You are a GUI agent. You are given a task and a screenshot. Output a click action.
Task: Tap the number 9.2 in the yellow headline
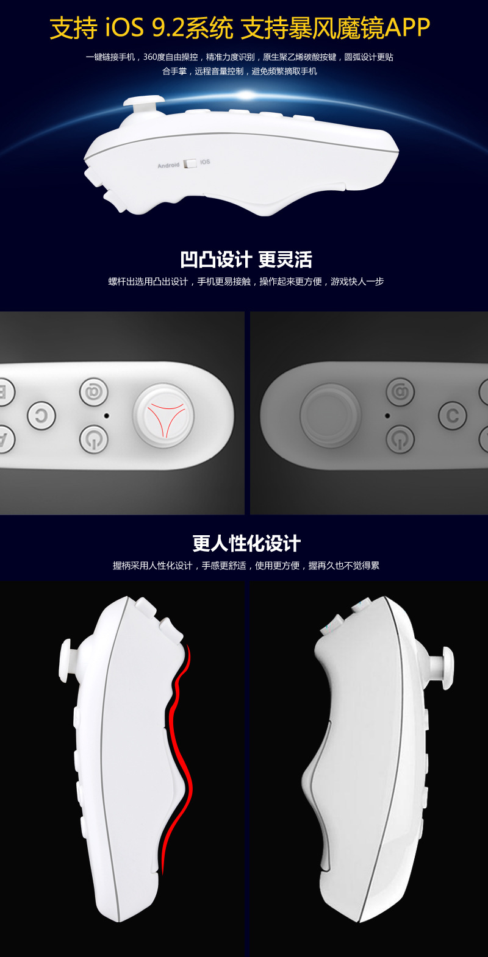[x=168, y=28]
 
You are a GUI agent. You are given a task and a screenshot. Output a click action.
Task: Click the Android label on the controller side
[x=168, y=165]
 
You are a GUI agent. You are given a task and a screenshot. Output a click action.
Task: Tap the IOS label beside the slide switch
[x=205, y=162]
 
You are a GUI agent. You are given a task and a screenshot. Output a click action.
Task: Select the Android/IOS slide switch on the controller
[x=190, y=163]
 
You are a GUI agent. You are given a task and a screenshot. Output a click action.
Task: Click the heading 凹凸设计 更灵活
[x=246, y=259]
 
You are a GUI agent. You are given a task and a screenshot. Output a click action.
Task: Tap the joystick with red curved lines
[x=163, y=415]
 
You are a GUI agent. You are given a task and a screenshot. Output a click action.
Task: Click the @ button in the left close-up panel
[x=94, y=392]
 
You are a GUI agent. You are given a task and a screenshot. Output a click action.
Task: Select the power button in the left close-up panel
[x=94, y=439]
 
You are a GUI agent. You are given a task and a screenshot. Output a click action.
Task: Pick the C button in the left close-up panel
[x=41, y=415]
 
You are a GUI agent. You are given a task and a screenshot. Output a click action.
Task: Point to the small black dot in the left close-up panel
[x=107, y=415]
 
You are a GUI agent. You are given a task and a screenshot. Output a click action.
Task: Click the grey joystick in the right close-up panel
[x=330, y=415]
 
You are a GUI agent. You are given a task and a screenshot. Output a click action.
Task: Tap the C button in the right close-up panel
[x=453, y=415]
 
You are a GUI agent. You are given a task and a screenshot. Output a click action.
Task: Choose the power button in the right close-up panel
[x=400, y=439]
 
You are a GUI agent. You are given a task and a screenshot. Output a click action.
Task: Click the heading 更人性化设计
[x=246, y=544]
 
